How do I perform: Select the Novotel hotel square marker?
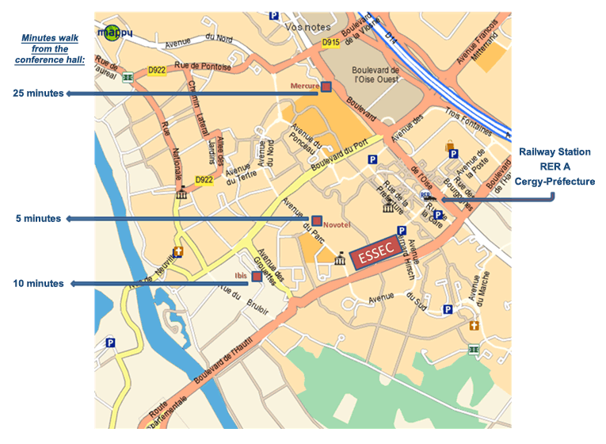tap(317, 220)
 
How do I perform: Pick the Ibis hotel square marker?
tap(256, 276)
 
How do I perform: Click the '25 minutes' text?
tap(38, 94)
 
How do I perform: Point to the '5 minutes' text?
tap(38, 219)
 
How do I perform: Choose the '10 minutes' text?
tap(38, 283)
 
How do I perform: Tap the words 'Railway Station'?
tap(555, 151)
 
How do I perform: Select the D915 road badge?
tap(331, 42)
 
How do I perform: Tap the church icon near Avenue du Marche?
tap(475, 326)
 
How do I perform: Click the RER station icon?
tap(425, 193)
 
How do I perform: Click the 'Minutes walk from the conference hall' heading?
tap(48, 48)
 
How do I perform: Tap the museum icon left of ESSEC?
tap(341, 258)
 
